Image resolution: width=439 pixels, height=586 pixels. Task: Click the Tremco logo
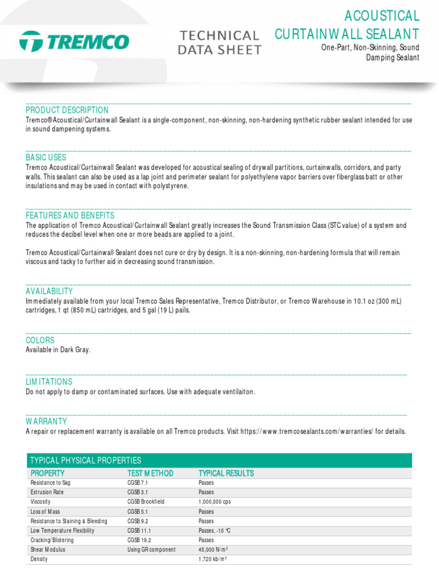tap(74, 42)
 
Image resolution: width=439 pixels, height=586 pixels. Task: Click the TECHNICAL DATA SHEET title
tap(220, 43)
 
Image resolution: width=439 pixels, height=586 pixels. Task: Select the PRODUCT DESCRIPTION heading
tap(67, 110)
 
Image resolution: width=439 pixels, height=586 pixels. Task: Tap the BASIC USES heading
tap(46, 157)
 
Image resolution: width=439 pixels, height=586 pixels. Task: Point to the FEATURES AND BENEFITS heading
tap(70, 216)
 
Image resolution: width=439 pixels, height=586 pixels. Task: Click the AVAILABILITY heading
tap(49, 291)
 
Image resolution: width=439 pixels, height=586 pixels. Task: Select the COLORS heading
tap(40, 340)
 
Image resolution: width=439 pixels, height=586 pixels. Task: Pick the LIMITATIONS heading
tap(49, 382)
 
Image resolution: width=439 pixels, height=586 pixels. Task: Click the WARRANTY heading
tap(46, 421)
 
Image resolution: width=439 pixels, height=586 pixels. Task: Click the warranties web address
tap(307, 431)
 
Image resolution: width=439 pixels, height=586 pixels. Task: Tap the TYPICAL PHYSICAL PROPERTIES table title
tap(85, 461)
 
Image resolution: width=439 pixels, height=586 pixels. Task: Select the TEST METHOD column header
tap(150, 473)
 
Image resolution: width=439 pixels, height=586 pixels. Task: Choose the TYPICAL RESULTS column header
tap(226, 473)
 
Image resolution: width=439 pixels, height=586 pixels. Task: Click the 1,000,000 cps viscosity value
tap(214, 502)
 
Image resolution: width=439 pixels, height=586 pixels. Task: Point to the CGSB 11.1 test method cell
tap(139, 530)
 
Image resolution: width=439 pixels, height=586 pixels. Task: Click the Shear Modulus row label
tap(47, 549)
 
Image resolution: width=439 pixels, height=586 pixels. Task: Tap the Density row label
tap(39, 559)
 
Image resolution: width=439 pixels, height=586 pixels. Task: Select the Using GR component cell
tap(151, 549)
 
